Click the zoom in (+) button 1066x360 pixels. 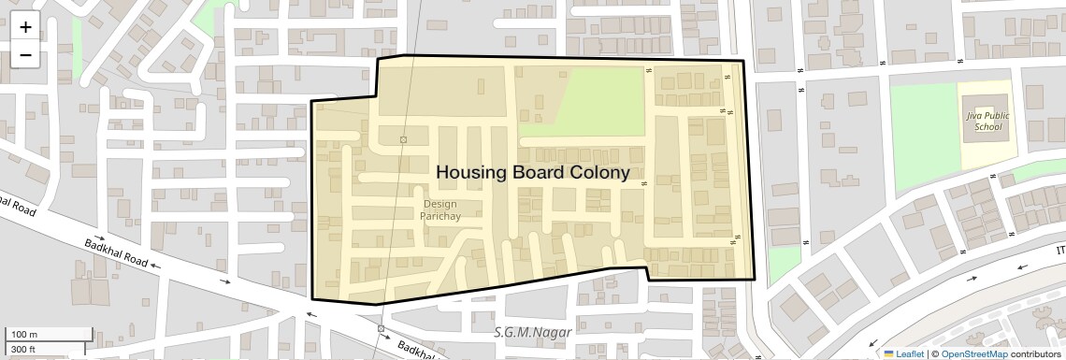pyautogui.click(x=25, y=27)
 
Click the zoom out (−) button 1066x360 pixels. pyautogui.click(x=25, y=54)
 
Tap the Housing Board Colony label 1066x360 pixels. pyautogui.click(x=532, y=173)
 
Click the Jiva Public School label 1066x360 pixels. pyautogui.click(x=985, y=121)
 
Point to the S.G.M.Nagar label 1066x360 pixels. pyautogui.click(x=526, y=331)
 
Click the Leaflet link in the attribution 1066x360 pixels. pyautogui.click(x=910, y=353)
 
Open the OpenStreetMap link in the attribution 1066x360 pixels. pyautogui.click(x=973, y=353)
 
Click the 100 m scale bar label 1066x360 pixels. pyautogui.click(x=24, y=335)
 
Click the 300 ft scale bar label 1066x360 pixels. pyautogui.click(x=24, y=350)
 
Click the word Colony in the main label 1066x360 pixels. pyautogui.click(x=598, y=173)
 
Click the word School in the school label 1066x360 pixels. pyautogui.click(x=987, y=126)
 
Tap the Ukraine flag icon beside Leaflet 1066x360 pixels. pyautogui.click(x=888, y=353)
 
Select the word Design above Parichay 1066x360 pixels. pyautogui.click(x=439, y=203)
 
